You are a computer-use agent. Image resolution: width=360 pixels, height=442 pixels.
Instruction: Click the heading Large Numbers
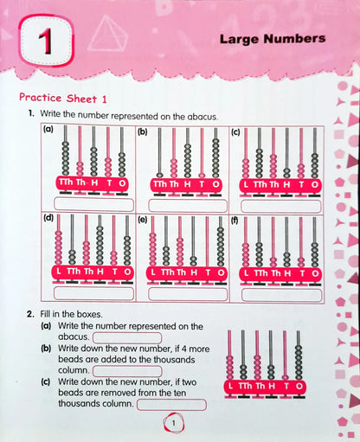pyautogui.click(x=272, y=39)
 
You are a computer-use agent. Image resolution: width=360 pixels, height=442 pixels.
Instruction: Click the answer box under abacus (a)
pyautogui.click(x=93, y=204)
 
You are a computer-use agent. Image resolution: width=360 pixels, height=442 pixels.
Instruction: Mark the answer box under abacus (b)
pyautogui.click(x=184, y=204)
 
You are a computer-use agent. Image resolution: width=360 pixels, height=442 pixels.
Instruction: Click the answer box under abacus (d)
pyautogui.click(x=93, y=292)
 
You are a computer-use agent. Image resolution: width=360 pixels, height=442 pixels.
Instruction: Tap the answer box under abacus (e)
pyautogui.click(x=184, y=292)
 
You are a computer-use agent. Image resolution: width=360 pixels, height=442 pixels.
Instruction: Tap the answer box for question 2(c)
pyautogui.click(x=170, y=404)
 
